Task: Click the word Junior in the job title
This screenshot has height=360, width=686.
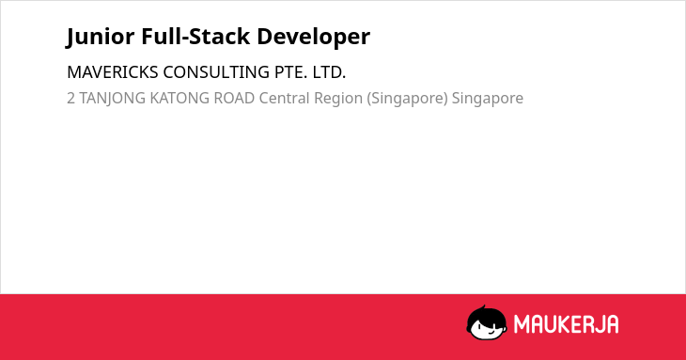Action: point(101,37)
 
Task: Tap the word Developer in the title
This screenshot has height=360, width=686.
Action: point(313,38)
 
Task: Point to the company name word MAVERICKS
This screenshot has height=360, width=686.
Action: point(113,72)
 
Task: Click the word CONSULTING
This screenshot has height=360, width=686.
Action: point(216,72)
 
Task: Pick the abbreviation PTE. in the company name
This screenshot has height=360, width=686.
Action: point(291,72)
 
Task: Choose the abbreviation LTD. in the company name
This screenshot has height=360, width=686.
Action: point(329,72)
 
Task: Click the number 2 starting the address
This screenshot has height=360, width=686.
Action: point(70,98)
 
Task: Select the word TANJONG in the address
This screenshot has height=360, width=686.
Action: point(112,99)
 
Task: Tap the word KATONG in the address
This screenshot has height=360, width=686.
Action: point(179,98)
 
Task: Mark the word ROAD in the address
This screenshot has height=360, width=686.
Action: point(234,98)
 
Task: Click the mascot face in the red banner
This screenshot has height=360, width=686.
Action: point(487,323)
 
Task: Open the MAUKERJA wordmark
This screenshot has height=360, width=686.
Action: point(566,324)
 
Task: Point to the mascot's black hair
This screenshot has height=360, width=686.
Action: point(486,314)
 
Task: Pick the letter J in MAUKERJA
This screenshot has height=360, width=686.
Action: point(597,324)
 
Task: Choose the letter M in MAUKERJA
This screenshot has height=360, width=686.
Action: point(521,324)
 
